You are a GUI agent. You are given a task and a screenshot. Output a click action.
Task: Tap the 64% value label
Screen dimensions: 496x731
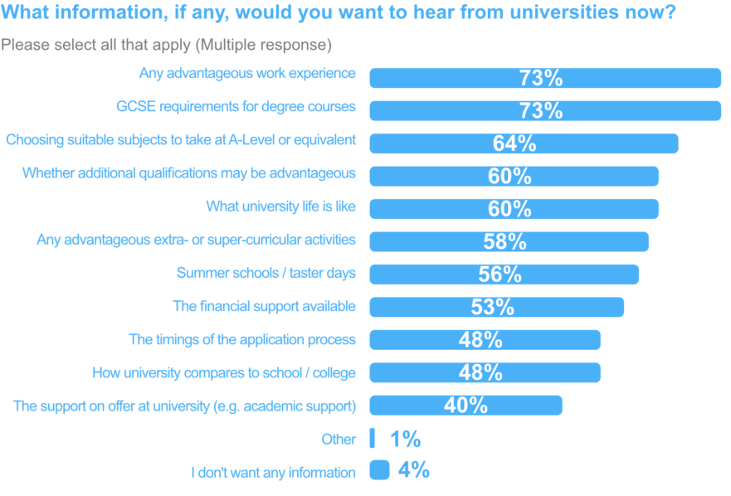point(514,143)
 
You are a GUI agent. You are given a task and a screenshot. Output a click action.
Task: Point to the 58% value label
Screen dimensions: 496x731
point(504,241)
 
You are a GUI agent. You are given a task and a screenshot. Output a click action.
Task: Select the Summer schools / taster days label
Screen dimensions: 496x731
point(266,273)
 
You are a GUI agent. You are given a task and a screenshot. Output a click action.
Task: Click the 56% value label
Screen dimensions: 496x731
point(500,275)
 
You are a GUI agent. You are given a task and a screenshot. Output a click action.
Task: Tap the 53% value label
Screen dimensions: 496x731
point(492,307)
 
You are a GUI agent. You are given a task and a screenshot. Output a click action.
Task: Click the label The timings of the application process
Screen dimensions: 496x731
point(242,339)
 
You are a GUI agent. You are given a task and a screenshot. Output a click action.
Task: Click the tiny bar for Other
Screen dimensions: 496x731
point(373,438)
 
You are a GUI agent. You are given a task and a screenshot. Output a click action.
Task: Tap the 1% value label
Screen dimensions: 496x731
point(405,439)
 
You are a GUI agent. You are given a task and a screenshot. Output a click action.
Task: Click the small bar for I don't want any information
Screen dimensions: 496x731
point(379,470)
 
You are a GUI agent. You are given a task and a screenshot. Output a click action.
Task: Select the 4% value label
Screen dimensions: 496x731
point(413,470)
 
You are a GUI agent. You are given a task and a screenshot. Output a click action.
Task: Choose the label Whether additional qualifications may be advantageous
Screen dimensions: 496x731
point(188,173)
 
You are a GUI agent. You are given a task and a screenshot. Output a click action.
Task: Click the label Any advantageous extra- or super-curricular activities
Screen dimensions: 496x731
point(196,240)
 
